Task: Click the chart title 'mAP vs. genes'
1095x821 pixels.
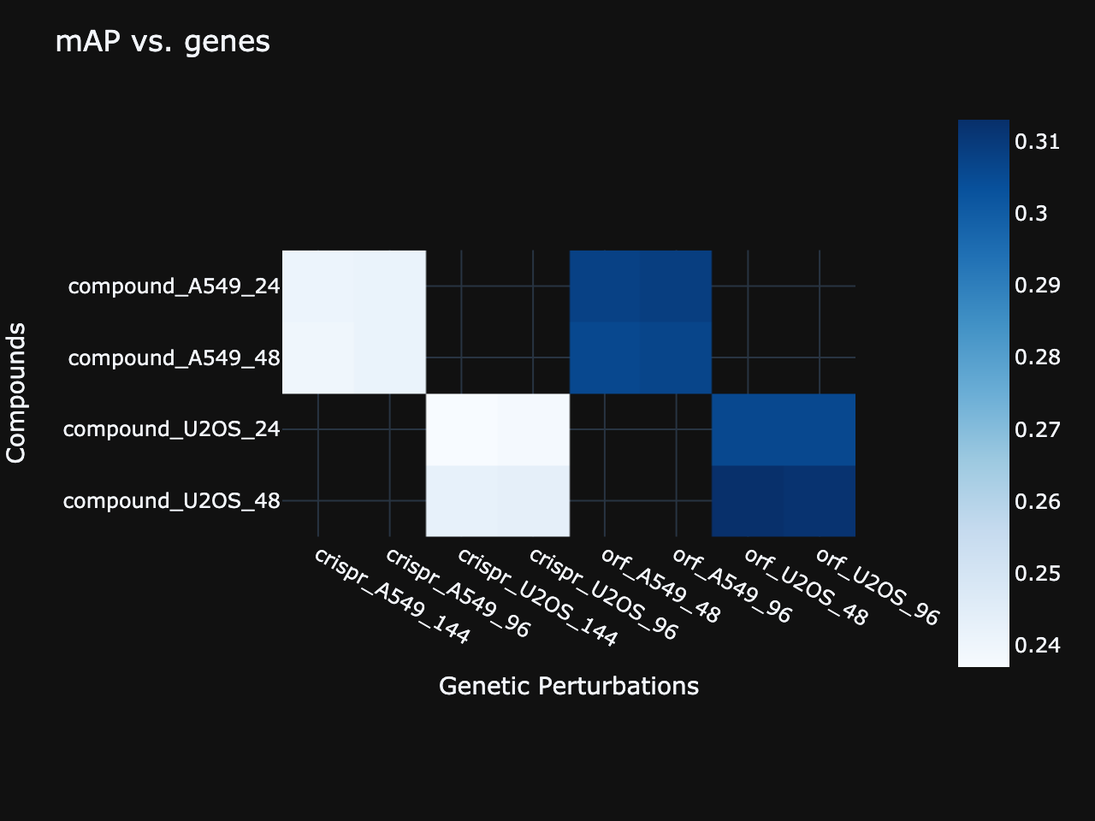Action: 163,41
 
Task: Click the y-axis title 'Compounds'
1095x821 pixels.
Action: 16,393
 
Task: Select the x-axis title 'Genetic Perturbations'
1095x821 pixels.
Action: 569,686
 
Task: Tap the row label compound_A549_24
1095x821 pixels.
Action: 174,286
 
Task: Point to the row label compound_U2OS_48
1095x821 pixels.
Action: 171,500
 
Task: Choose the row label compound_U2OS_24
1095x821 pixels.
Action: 171,428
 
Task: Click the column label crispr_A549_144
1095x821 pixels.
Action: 392,596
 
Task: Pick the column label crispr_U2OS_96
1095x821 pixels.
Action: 603,594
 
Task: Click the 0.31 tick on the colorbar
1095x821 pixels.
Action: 1037,141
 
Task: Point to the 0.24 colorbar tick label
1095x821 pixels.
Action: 1037,645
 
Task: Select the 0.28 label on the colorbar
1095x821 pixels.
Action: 1037,357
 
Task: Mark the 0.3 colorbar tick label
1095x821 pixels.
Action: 1031,213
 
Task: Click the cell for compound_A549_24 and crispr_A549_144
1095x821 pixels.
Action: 318,286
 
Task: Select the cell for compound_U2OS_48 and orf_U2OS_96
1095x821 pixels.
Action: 820,500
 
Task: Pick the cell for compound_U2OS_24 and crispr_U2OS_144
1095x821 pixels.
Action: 461,428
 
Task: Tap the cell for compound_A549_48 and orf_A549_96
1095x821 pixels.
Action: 677,357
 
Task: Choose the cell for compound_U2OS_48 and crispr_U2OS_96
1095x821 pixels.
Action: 533,500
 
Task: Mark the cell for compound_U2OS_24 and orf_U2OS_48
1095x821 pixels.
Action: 748,428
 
